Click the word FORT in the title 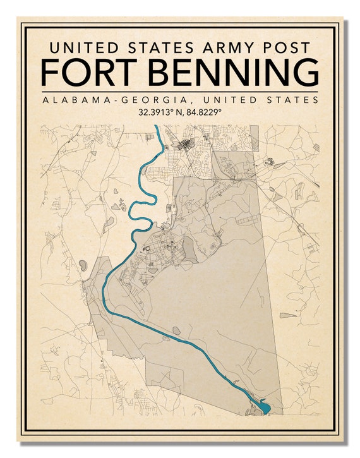tap(86, 72)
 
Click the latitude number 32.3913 tap(153, 112)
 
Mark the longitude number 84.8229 tap(202, 112)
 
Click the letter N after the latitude tap(177, 112)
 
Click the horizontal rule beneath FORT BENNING tap(180, 91)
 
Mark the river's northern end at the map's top tap(156, 128)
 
